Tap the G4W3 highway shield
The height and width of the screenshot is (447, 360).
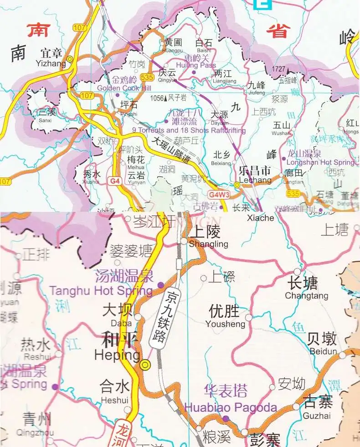219,195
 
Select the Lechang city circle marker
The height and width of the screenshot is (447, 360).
237,185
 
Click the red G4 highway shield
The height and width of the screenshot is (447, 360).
115,181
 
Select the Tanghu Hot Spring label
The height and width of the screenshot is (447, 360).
101,291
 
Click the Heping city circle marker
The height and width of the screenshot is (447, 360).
145,364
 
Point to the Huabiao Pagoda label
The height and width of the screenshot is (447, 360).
230,407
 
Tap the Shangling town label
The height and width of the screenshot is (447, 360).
208,244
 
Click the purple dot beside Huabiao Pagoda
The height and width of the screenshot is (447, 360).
226,418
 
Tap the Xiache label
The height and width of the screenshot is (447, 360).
261,218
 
